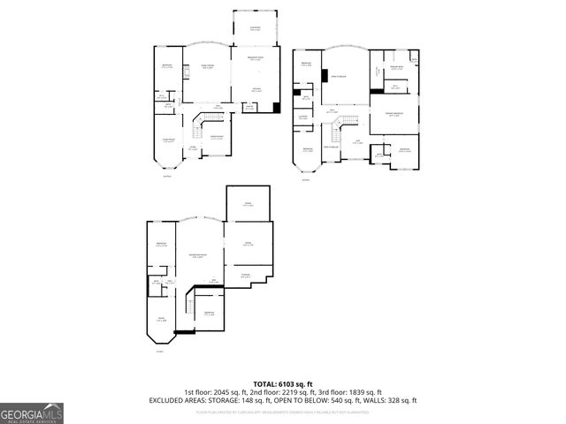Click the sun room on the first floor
(256, 28)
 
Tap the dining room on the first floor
(215, 139)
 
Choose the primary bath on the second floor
(397, 70)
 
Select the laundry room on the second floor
(302, 117)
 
